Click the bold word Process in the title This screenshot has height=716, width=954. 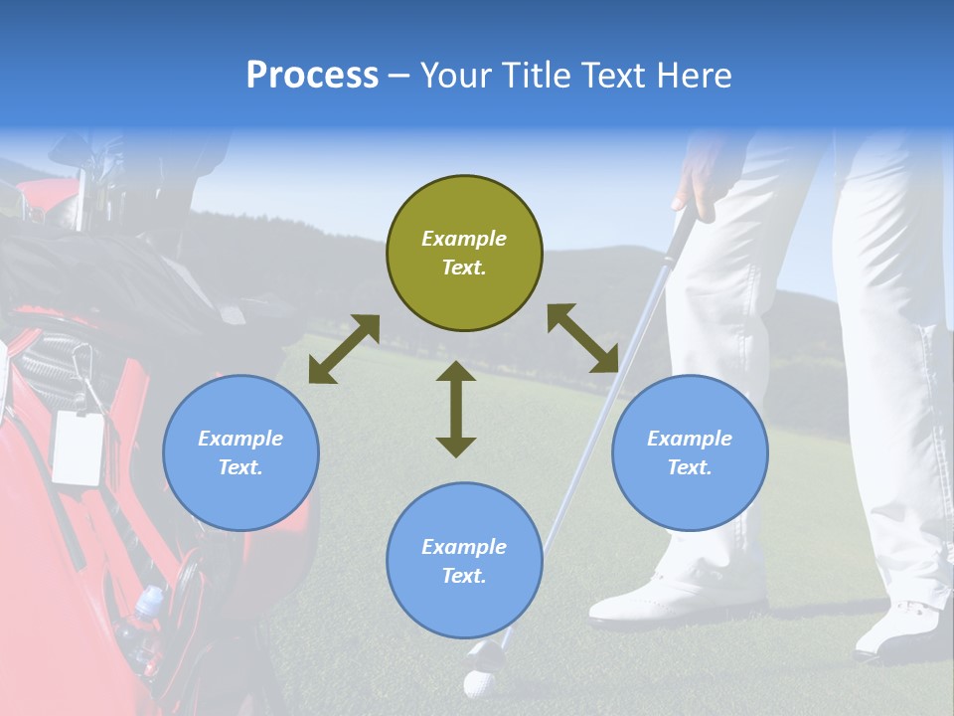tap(312, 76)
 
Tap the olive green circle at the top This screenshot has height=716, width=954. tap(464, 254)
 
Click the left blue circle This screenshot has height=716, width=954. tap(240, 453)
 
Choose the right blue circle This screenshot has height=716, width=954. tap(690, 453)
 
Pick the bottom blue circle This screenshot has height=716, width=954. tap(464, 561)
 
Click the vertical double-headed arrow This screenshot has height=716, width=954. tap(456, 409)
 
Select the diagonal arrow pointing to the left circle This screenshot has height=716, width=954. tap(344, 349)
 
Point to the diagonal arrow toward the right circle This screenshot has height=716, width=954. tap(582, 338)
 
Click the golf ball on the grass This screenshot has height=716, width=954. tap(478, 683)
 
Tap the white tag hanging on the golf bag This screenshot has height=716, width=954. tap(79, 447)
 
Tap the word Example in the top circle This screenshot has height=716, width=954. tap(464, 239)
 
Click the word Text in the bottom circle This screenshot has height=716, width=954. tap(464, 576)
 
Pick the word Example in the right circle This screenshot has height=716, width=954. tap(690, 439)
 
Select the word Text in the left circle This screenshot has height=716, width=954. tap(240, 467)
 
